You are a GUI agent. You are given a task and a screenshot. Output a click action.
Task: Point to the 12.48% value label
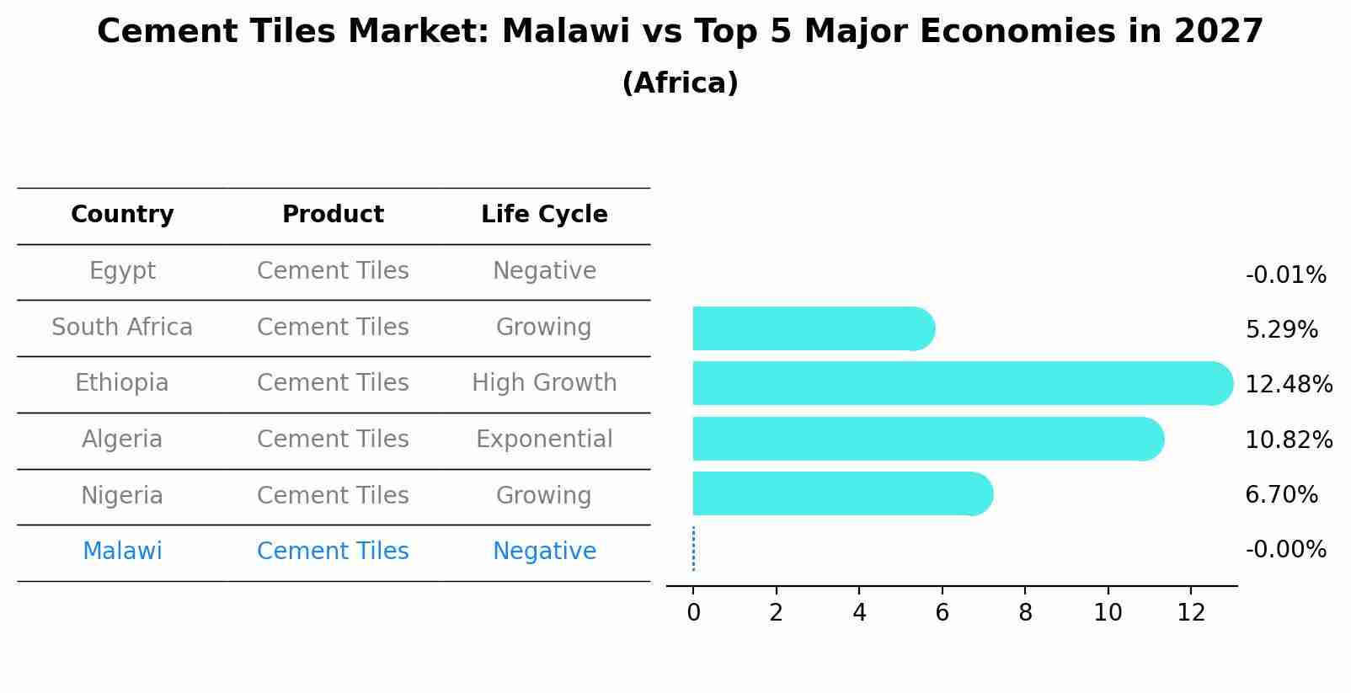[1289, 385]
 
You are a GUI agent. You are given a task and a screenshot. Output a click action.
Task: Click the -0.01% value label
[1285, 275]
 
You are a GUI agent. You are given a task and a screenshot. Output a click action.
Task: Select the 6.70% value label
[1281, 495]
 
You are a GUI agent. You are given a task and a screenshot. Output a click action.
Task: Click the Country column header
[122, 215]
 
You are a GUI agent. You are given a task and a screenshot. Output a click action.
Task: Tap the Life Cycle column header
[544, 215]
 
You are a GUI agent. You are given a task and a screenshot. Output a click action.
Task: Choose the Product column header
[333, 215]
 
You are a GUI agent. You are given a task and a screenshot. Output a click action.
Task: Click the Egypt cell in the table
[122, 271]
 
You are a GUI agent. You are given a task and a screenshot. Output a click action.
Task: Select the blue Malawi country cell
[122, 552]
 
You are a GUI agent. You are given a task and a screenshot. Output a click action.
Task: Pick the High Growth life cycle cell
[544, 383]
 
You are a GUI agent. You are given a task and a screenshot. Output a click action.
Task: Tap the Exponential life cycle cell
[544, 440]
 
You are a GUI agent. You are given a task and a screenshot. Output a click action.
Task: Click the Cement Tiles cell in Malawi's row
[333, 552]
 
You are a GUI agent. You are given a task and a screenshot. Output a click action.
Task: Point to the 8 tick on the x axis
[1025, 613]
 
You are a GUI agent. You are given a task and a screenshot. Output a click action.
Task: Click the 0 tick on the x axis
[693, 613]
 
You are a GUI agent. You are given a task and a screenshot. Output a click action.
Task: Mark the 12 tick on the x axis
[1191, 613]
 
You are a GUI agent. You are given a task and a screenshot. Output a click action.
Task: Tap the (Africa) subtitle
[680, 83]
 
